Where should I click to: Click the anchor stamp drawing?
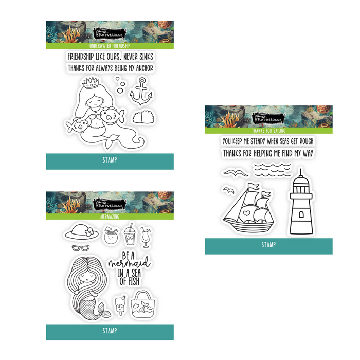pos(141,92)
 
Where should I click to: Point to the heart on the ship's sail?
pos(246,213)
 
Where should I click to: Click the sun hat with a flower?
pos(82,232)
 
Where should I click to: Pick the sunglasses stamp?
pos(81,248)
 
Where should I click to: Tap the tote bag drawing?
pos(142,304)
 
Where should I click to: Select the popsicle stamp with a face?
pos(121,304)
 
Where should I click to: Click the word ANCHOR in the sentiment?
pos(145,68)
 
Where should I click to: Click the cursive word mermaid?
pos(129,263)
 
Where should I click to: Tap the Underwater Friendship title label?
pos(110,46)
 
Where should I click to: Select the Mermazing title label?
pos(110,217)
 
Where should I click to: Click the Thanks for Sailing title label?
pos(268,131)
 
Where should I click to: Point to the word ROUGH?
pos(307,141)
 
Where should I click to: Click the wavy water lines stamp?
pos(272,170)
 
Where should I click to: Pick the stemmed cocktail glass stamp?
pos(146,238)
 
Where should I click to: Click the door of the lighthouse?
pos(301,214)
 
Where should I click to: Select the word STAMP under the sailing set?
pos(268,245)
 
